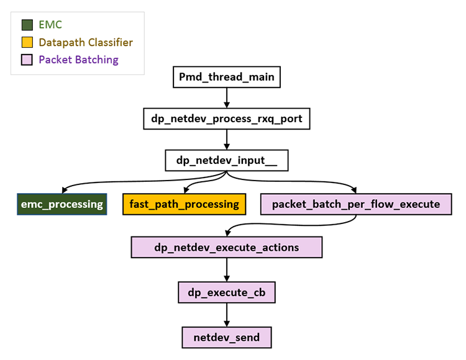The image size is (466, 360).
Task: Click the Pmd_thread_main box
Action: point(226,78)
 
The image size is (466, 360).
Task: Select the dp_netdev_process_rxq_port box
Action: point(226,119)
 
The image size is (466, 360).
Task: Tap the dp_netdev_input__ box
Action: point(226,160)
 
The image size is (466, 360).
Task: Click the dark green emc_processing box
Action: point(61,204)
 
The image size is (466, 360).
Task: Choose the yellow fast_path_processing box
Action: point(184,204)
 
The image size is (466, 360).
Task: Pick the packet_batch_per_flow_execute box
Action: point(356,204)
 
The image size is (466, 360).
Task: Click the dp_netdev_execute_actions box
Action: point(226,248)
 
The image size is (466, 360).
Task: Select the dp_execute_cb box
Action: point(226,291)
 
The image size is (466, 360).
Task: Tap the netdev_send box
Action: point(226,338)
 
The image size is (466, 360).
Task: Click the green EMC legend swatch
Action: point(27,25)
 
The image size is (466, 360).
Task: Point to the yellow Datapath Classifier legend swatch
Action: point(27,43)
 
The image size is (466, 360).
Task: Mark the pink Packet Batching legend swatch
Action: point(27,60)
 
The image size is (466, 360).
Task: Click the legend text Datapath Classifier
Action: point(86,43)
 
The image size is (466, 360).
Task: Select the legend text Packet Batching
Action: point(78,60)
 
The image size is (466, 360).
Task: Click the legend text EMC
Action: point(50,25)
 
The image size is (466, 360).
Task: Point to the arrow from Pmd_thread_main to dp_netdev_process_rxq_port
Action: point(226,98)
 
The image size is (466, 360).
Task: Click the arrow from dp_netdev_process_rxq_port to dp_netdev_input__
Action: point(226,139)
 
